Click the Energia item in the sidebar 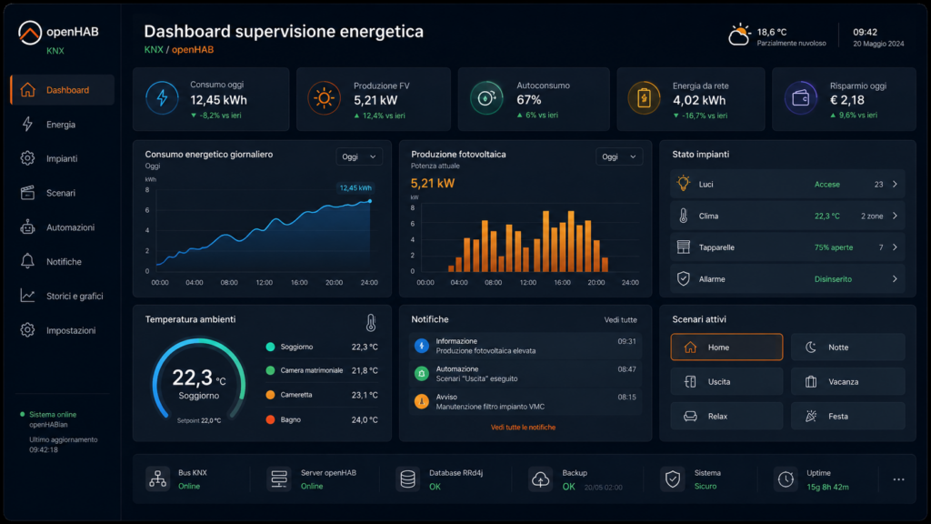point(61,125)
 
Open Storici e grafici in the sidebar point(75,296)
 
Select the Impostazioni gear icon point(27,330)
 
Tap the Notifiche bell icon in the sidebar point(27,261)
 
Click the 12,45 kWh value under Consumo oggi point(218,100)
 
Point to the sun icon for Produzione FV point(325,98)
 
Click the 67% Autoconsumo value point(528,100)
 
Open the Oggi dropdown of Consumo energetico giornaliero point(358,156)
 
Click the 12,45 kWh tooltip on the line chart point(355,188)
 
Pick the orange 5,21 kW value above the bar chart point(433,184)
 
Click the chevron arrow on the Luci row point(895,184)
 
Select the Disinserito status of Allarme point(833,279)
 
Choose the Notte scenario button point(848,347)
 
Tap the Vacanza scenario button point(848,381)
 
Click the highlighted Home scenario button point(726,347)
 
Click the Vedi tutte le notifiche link point(523,428)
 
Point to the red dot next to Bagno point(270,419)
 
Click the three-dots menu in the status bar point(898,479)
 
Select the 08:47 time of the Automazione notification point(626,369)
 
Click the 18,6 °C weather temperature point(771,32)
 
